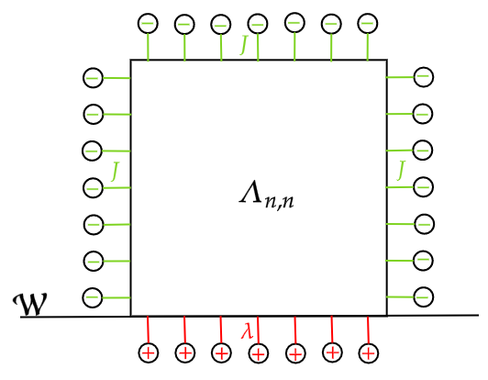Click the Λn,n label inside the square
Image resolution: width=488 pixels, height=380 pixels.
(x=267, y=196)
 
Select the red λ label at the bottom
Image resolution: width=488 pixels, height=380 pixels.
(x=247, y=331)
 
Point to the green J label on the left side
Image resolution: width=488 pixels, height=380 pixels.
(x=116, y=170)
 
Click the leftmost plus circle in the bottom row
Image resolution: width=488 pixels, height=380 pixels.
(x=148, y=352)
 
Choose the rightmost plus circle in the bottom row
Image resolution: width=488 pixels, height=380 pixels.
(x=368, y=352)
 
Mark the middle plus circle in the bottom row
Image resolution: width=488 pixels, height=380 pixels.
(x=258, y=352)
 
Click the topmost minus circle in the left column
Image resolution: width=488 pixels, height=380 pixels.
(x=93, y=78)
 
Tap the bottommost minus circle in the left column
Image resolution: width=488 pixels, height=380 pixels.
(x=93, y=297)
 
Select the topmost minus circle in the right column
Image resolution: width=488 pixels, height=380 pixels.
(x=423, y=78)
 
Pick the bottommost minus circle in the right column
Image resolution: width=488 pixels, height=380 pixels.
(x=423, y=296)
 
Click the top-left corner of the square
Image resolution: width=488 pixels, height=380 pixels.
(x=131, y=61)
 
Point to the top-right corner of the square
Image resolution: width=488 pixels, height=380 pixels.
(x=386, y=61)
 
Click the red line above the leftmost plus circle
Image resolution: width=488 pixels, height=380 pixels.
(x=148, y=330)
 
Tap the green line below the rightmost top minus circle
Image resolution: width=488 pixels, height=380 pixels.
(x=368, y=47)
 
